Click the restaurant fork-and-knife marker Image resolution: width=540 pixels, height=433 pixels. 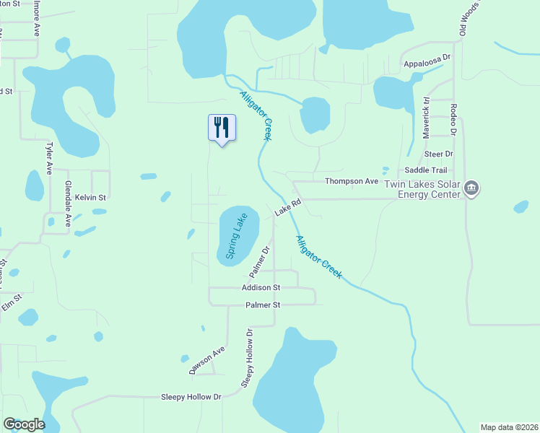point(222,128)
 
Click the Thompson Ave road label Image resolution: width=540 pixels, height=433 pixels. point(352,181)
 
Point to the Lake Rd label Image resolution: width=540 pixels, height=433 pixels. point(286,207)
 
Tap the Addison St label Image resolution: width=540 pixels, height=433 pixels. point(261,287)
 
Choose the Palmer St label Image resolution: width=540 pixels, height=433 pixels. point(262,305)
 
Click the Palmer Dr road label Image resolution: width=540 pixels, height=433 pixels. point(259,262)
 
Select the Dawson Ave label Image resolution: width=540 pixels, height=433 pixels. point(207,359)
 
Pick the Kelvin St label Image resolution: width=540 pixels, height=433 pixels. point(92,197)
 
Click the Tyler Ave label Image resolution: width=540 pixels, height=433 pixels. point(49,157)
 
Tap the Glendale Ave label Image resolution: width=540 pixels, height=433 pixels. point(69,204)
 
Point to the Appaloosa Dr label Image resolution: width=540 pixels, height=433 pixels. point(427,56)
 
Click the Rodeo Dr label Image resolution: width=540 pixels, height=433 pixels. point(453,120)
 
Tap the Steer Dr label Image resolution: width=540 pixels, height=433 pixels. point(438,154)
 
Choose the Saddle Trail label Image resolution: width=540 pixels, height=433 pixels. point(421,170)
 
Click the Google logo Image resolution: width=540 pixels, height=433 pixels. point(24,424)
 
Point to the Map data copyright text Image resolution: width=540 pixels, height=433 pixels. point(508,427)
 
